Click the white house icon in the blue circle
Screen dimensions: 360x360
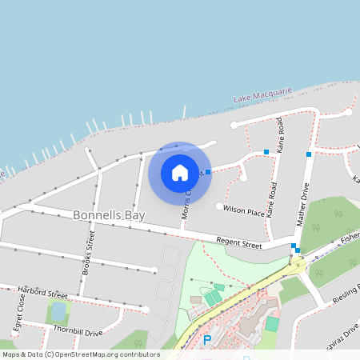pyautogui.click(x=179, y=173)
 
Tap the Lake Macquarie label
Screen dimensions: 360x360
pyautogui.click(x=263, y=94)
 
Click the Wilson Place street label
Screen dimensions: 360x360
pyautogui.click(x=244, y=210)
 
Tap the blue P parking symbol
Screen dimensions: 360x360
pyautogui.click(x=206, y=340)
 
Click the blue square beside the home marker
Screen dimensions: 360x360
pyautogui.click(x=208, y=172)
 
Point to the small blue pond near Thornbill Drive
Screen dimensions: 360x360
pyautogui.click(x=58, y=310)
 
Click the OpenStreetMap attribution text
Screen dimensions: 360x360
pyautogui.click(x=82, y=354)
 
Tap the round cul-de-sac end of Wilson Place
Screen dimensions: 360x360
pyautogui.click(x=220, y=206)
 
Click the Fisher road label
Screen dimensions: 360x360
pyautogui.click(x=350, y=238)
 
